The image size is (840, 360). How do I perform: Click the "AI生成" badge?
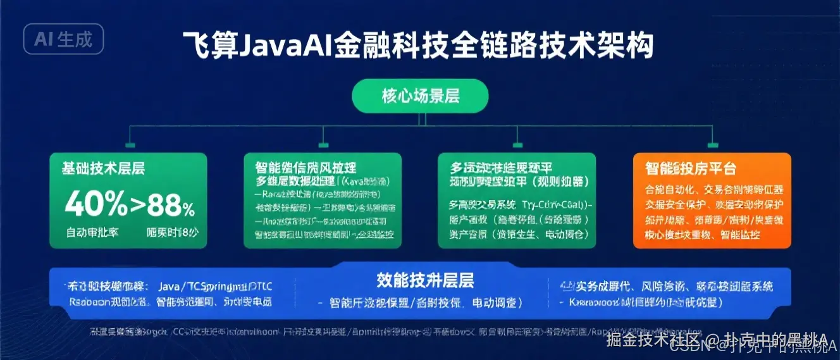[x=63, y=39]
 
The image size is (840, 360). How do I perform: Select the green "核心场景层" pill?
[x=421, y=96]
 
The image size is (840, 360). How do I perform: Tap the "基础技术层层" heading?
[x=103, y=168]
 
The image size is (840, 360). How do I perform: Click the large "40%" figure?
[x=96, y=204]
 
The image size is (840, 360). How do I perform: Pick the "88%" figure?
[x=171, y=206]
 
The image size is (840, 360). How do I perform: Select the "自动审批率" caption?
[x=92, y=232]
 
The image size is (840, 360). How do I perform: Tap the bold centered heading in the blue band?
[x=425, y=280]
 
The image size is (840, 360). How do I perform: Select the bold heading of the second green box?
[x=306, y=168]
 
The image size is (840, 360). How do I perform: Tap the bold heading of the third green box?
[x=501, y=168]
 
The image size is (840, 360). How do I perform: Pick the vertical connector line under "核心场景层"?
[x=421, y=119]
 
